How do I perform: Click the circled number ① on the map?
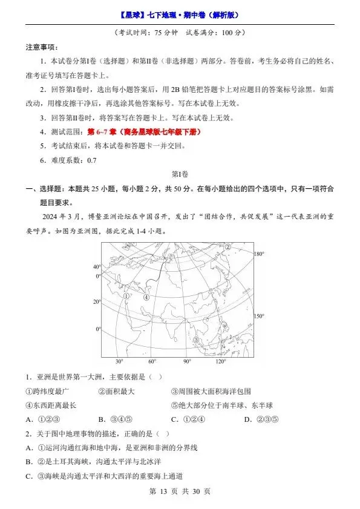[126, 297]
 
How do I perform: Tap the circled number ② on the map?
[228, 247]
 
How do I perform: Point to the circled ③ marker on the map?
[196, 341]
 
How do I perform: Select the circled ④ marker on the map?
[146, 297]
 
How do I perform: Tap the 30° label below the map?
[119, 361]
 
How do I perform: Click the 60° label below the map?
[152, 361]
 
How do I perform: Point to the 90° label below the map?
[186, 361]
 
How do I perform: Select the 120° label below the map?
[220, 361]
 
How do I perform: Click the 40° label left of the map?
[96, 267]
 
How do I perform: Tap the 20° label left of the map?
[96, 301]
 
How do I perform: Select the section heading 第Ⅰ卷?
[180, 174]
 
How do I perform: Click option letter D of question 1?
[247, 419]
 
